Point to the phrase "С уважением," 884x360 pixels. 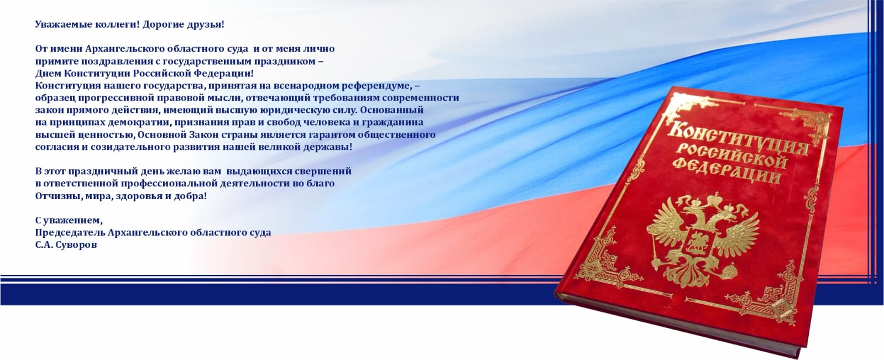click(x=69, y=220)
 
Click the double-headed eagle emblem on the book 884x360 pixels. click(x=702, y=240)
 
